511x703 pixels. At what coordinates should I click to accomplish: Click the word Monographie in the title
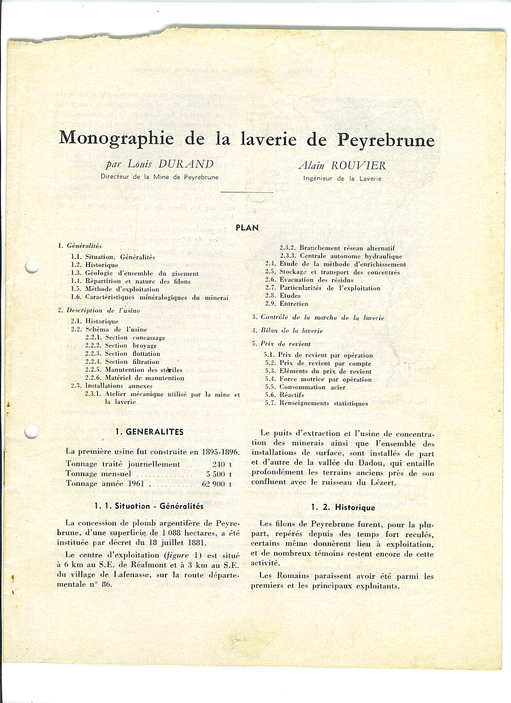[x=116, y=138]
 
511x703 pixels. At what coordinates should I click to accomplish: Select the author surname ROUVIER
[x=359, y=165]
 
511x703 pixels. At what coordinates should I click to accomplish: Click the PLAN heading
[x=247, y=228]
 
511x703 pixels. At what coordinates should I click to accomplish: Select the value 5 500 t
[x=219, y=474]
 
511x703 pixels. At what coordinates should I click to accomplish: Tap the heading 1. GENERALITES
[x=149, y=432]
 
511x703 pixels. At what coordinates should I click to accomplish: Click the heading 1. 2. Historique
[x=343, y=507]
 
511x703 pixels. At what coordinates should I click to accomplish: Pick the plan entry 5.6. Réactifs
[x=284, y=395]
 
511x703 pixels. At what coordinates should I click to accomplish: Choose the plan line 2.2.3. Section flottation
[x=123, y=354]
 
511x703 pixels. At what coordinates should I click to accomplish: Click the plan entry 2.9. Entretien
[x=287, y=304]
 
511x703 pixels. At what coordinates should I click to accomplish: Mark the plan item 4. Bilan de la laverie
[x=287, y=331]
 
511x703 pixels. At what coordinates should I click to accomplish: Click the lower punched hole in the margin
[x=31, y=432]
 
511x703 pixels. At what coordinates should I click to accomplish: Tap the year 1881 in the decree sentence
[x=196, y=543]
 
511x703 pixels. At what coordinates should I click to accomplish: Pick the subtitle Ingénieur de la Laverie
[x=342, y=178]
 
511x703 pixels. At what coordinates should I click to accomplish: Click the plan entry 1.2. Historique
[x=95, y=265]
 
